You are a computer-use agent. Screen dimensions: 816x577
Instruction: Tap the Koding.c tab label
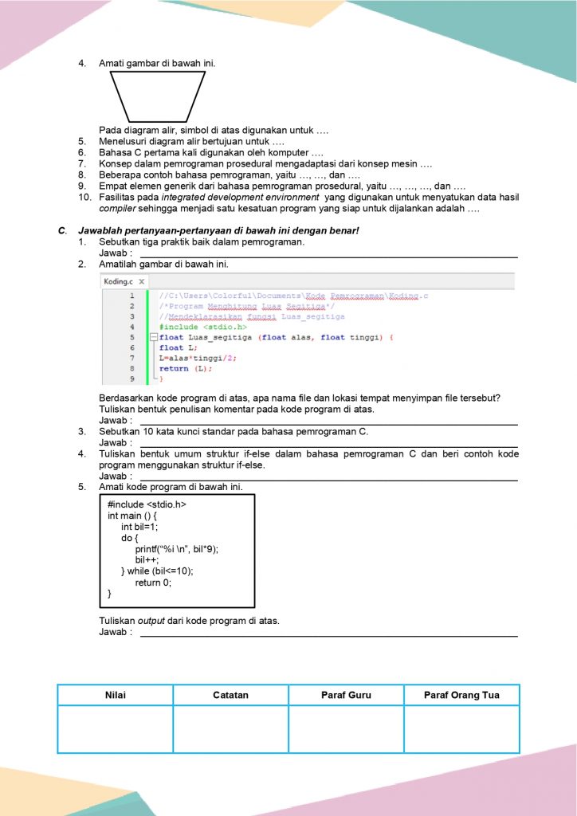(x=118, y=282)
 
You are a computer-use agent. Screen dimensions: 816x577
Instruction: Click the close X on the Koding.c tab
(x=141, y=282)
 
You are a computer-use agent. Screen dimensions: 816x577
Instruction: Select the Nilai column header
(x=116, y=695)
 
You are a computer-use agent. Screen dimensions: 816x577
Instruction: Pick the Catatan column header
(x=230, y=695)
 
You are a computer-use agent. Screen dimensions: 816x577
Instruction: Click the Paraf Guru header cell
(x=346, y=695)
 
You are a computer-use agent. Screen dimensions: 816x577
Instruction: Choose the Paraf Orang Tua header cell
(x=461, y=695)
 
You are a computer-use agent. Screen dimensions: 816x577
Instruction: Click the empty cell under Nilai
(x=116, y=729)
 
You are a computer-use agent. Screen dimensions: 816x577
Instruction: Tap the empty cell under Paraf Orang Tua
(x=461, y=729)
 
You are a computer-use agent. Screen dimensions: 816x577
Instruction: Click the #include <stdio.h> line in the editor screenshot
(x=202, y=327)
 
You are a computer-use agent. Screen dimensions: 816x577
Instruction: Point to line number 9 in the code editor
(x=131, y=379)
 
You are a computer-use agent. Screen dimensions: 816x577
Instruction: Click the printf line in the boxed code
(x=176, y=549)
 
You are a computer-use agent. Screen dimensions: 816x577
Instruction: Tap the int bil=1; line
(x=139, y=527)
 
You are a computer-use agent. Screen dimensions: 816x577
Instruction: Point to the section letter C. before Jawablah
(x=61, y=230)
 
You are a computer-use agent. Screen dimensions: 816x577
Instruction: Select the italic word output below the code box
(x=151, y=621)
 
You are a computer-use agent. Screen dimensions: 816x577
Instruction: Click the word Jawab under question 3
(x=114, y=442)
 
